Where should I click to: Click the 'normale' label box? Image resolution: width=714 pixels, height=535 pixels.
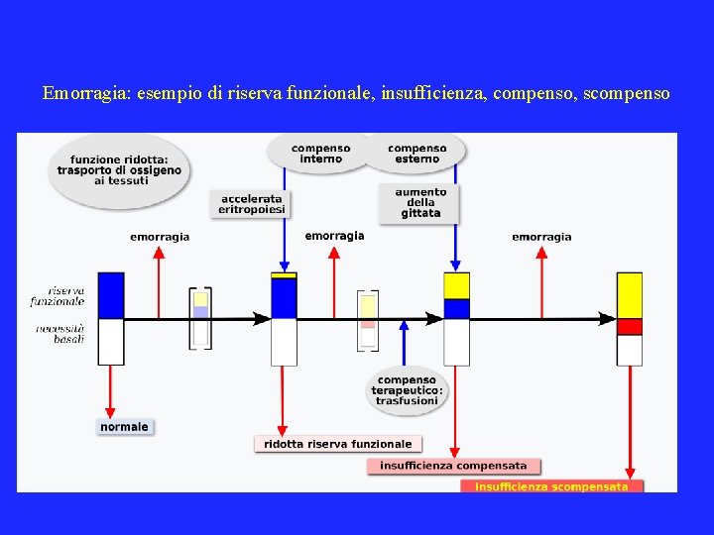(x=124, y=427)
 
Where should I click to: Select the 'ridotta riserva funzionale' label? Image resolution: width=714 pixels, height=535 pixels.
(x=337, y=444)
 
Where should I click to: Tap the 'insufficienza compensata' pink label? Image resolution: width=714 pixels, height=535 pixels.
(x=453, y=466)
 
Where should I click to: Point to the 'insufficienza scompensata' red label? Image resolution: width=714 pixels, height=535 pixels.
(x=551, y=486)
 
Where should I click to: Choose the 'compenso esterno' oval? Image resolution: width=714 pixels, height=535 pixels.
(x=416, y=154)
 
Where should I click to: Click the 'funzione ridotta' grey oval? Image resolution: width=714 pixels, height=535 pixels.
(x=120, y=169)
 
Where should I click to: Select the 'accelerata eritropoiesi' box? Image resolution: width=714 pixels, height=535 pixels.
(x=251, y=204)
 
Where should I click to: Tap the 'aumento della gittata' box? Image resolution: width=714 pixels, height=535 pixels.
(x=420, y=202)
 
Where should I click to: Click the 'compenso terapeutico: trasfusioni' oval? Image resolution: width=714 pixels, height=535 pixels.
(x=407, y=389)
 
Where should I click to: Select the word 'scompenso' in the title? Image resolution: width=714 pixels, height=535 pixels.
(x=626, y=94)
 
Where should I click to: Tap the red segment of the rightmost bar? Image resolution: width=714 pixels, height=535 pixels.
(x=629, y=327)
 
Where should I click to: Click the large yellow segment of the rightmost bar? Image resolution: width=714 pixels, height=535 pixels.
(x=629, y=295)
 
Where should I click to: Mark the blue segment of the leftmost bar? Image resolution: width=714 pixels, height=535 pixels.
(x=111, y=295)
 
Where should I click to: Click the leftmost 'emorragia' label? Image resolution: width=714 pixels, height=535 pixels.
(x=160, y=237)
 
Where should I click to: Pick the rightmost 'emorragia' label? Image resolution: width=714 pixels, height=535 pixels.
(x=541, y=237)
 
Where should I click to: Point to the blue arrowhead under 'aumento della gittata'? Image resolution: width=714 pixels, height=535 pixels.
(x=456, y=266)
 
